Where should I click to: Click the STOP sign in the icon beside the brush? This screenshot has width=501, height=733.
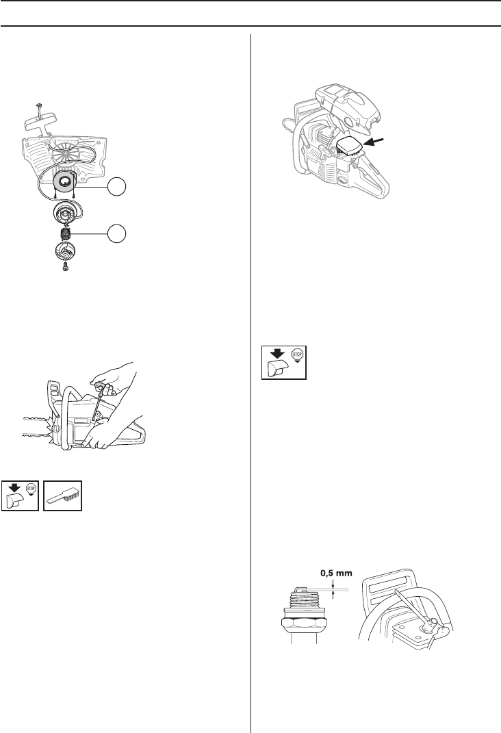[31, 488]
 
